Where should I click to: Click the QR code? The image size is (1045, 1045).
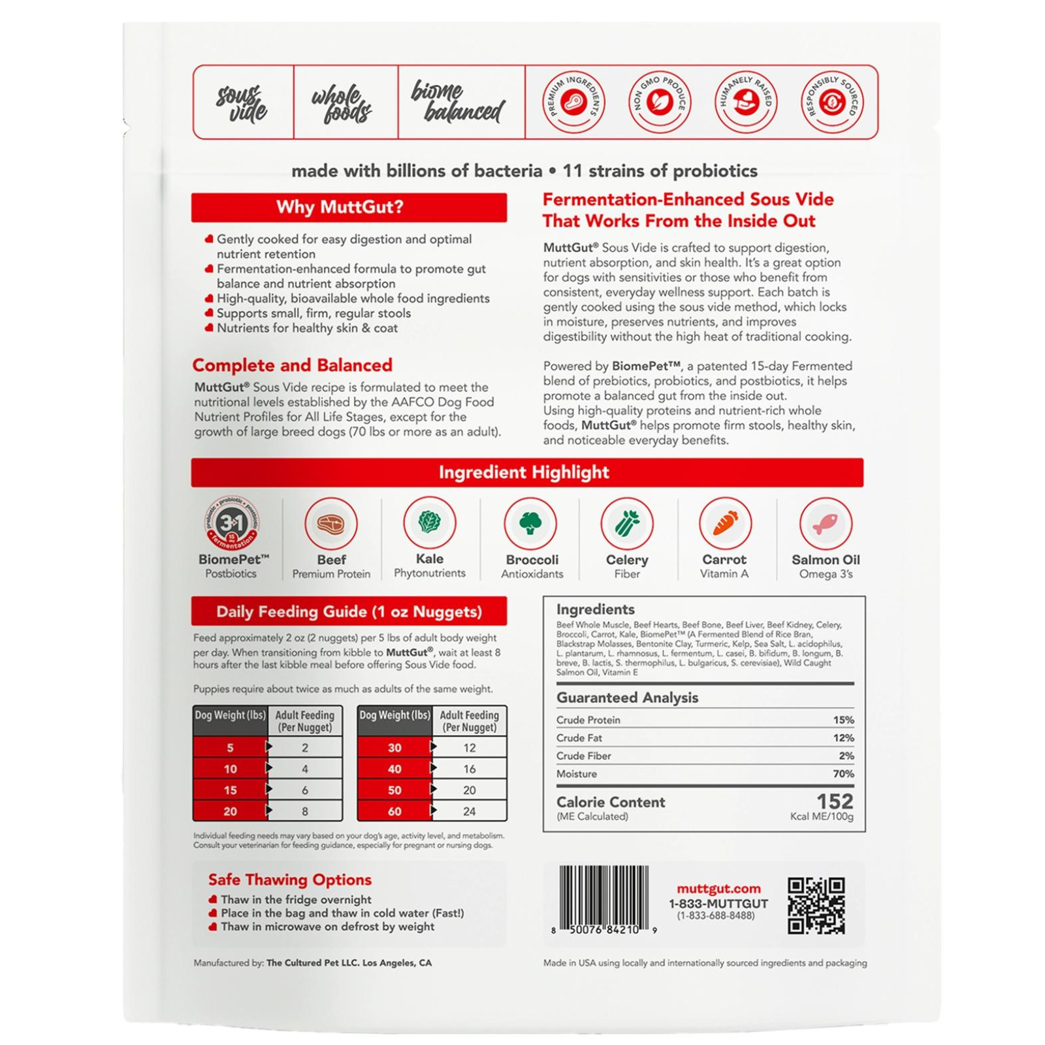point(816,906)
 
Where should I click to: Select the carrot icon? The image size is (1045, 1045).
point(725,524)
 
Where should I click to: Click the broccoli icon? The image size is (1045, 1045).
point(530,524)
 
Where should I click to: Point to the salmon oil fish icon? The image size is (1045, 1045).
point(826,524)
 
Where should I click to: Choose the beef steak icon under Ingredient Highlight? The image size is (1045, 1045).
point(331,524)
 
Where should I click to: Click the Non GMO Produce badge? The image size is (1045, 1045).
point(659,102)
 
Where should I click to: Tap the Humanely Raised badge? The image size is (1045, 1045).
point(746,102)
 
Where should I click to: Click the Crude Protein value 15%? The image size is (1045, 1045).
point(843,720)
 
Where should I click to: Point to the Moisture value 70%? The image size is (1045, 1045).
point(843,774)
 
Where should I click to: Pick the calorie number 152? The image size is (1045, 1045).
point(835,801)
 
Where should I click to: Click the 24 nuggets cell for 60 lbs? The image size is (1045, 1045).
point(470,811)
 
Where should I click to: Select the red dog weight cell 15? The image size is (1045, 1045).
point(230,790)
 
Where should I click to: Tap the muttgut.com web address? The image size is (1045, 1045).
point(718,889)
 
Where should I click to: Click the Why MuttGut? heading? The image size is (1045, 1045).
point(340,207)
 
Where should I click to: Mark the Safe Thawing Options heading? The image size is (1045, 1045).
point(290,880)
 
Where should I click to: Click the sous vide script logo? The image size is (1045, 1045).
point(242,103)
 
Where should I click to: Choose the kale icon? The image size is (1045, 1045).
point(430,522)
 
